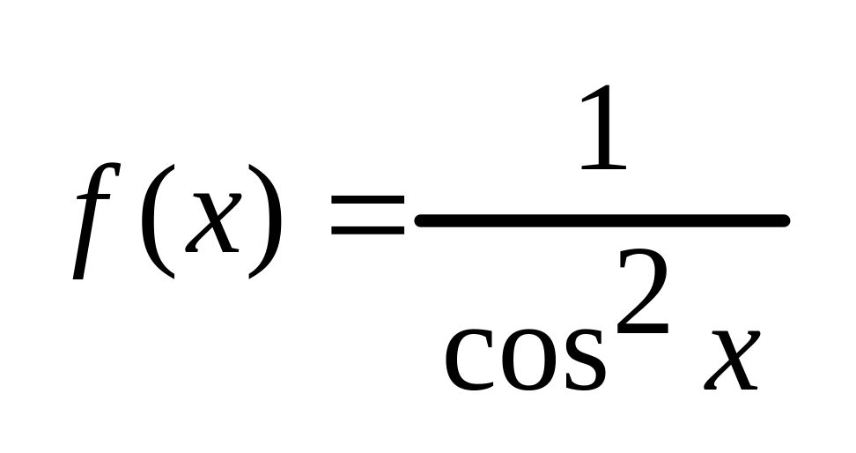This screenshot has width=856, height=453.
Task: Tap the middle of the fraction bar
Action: [601, 220]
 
